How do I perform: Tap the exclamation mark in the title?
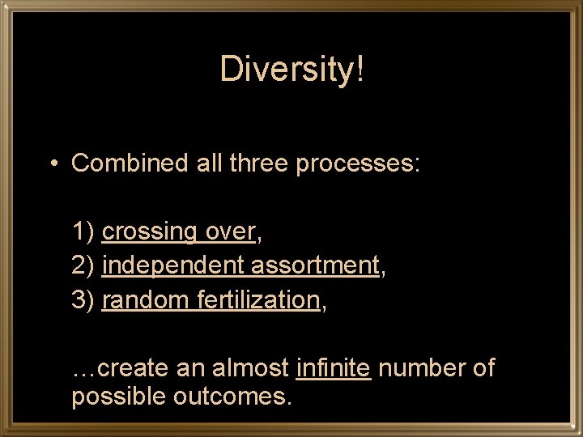360,70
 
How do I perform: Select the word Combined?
130,163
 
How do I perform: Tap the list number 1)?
83,232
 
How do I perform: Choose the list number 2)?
83,266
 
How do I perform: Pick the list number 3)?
83,300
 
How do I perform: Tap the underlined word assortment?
315,266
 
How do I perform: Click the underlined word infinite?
334,368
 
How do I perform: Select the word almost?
250,368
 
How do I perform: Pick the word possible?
119,398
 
